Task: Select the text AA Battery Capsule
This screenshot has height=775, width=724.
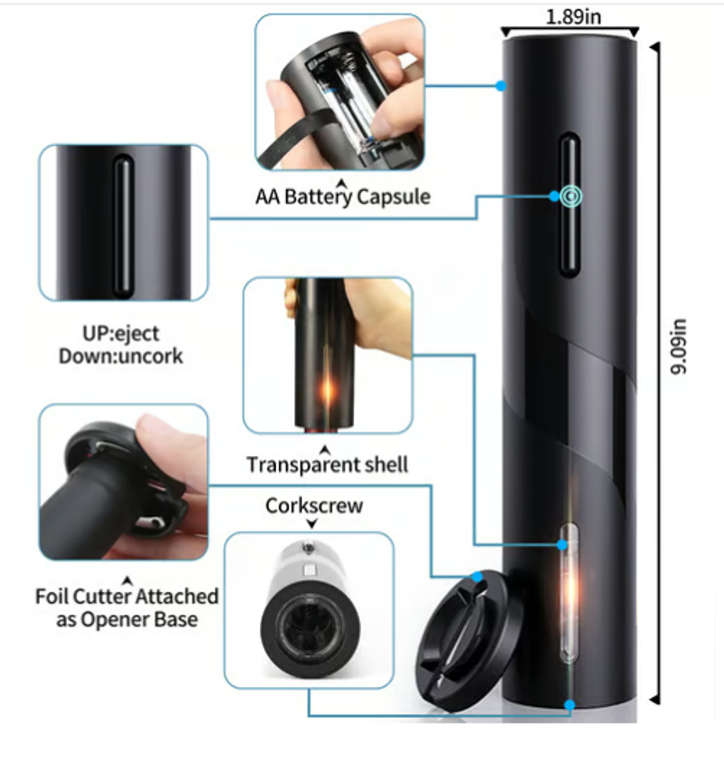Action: click(x=343, y=196)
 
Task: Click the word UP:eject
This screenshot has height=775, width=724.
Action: click(x=120, y=333)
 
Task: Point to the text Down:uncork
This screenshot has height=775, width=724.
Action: click(x=120, y=356)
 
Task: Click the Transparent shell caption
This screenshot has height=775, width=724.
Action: click(x=328, y=464)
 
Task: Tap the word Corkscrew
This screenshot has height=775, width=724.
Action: click(x=313, y=505)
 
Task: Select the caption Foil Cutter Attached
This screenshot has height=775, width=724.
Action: click(x=127, y=597)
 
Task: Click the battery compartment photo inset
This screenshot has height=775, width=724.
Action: click(x=339, y=92)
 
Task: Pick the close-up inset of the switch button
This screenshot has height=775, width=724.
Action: click(x=123, y=223)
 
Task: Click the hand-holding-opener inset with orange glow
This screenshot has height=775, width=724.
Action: click(x=328, y=355)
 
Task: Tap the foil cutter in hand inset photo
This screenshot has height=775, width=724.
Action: click(x=123, y=482)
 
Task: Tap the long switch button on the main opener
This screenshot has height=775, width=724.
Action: click(x=568, y=204)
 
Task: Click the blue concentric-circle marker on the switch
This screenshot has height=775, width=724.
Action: click(x=568, y=195)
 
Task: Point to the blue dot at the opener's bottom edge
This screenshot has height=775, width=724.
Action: click(x=569, y=703)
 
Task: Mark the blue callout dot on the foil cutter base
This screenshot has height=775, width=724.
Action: click(x=477, y=576)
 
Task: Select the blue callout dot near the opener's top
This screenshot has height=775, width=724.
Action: click(x=500, y=86)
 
